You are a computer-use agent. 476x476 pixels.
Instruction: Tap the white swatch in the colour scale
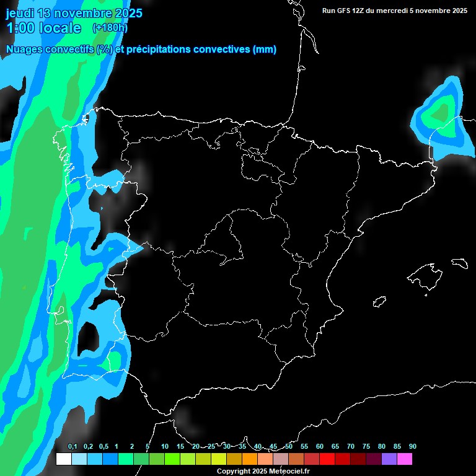pyautogui.click(x=63, y=459)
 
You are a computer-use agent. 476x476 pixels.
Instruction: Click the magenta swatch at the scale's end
pyautogui.click(x=404, y=459)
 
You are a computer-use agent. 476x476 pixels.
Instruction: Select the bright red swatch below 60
pyautogui.click(x=327, y=459)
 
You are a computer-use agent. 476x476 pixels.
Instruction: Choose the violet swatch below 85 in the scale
pyautogui.click(x=389, y=459)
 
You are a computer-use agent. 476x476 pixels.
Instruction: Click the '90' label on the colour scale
pyautogui.click(x=412, y=447)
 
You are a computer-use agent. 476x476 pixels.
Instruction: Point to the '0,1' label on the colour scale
pyautogui.click(x=72, y=447)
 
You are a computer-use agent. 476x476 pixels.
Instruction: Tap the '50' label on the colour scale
pyautogui.click(x=289, y=447)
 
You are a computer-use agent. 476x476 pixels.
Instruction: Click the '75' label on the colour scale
pyautogui.click(x=366, y=447)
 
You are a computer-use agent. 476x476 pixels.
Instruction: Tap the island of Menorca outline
pyautogui.click(x=459, y=263)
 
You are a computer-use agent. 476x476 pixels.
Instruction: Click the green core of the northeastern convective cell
pyautogui.click(x=441, y=113)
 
